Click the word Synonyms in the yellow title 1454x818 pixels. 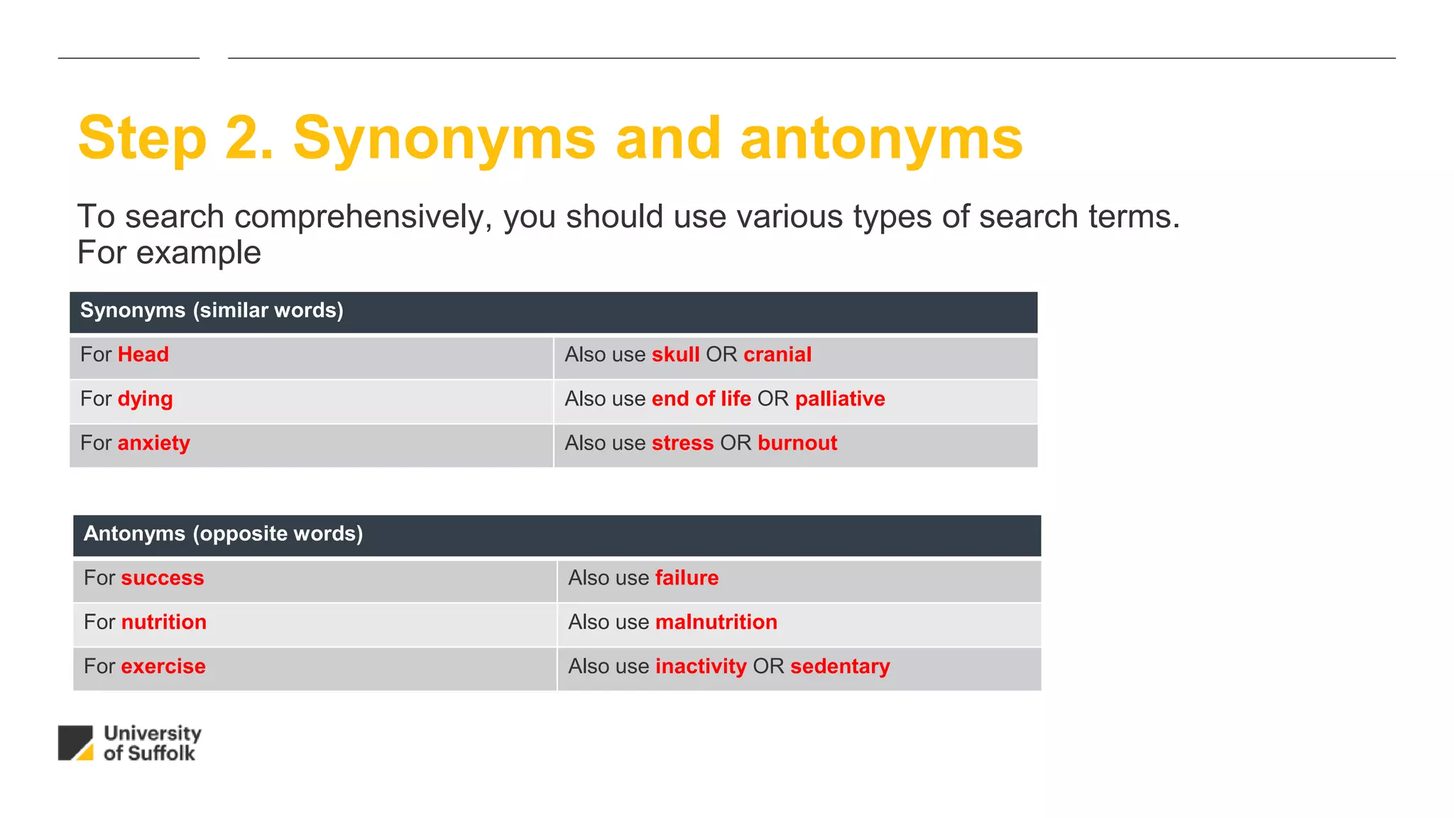[444, 140]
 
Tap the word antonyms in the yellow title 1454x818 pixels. [881, 138]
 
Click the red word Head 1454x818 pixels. [143, 354]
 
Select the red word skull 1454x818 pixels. [675, 354]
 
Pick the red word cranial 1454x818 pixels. [777, 354]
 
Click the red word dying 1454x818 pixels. [145, 399]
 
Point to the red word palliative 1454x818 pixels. [840, 399]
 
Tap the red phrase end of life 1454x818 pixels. [701, 399]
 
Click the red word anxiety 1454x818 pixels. [153, 443]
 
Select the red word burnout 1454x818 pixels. [797, 443]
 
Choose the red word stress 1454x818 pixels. [682, 443]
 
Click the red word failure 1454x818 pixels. [687, 578]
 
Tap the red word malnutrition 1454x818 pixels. [716, 622]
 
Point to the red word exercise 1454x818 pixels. [163, 666]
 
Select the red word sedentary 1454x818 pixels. [840, 666]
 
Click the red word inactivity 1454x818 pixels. [701, 666]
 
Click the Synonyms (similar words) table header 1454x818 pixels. [212, 311]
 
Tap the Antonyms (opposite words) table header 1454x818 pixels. [223, 534]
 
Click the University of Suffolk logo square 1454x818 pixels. [75, 743]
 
